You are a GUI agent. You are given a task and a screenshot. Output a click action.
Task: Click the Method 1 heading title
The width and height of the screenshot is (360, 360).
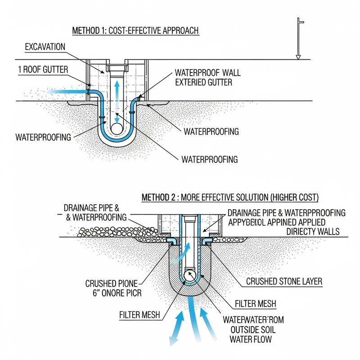click(135, 31)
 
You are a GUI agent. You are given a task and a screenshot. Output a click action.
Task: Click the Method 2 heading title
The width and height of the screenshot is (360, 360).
click(230, 197)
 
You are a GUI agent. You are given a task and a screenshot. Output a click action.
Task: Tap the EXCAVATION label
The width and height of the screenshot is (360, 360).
click(45, 46)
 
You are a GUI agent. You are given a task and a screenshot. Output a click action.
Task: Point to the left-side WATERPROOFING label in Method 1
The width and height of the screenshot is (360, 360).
click(43, 137)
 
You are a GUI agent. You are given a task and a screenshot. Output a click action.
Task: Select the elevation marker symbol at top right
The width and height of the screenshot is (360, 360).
click(297, 38)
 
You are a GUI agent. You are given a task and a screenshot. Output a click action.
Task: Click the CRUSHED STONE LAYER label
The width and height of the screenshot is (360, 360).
click(284, 282)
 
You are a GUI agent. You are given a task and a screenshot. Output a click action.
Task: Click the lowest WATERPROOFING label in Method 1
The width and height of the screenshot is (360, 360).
click(209, 159)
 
